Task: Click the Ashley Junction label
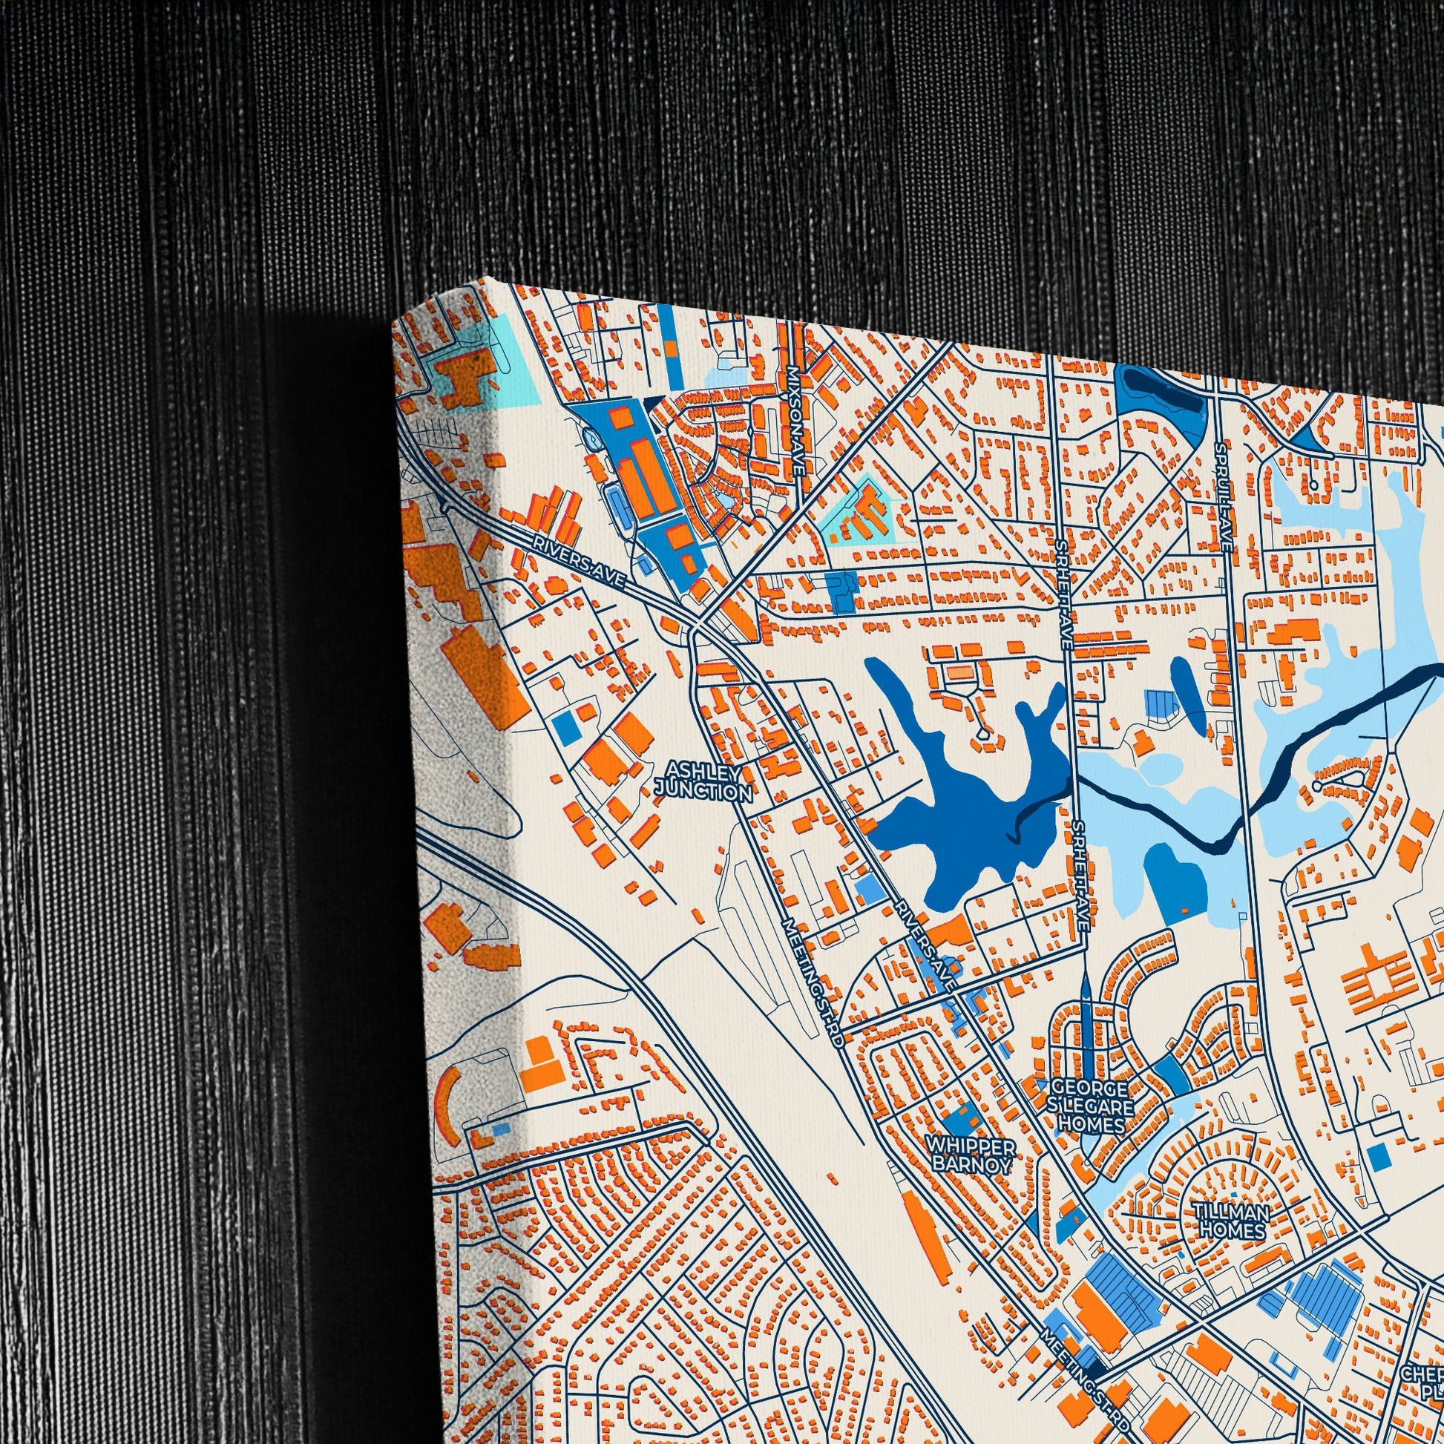(x=703, y=781)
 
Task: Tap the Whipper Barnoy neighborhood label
(x=971, y=1175)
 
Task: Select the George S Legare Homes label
(x=1092, y=1106)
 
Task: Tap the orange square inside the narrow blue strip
(x=672, y=349)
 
